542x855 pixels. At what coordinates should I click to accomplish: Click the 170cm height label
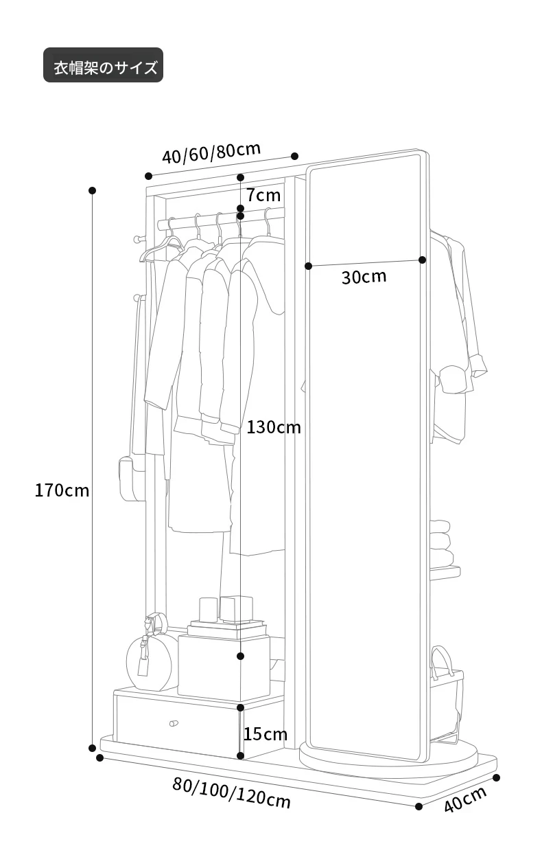[x=62, y=490]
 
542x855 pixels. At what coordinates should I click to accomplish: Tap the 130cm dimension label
[x=274, y=427]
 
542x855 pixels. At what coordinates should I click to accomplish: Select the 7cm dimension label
[x=263, y=195]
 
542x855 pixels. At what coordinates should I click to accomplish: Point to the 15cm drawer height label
[x=266, y=734]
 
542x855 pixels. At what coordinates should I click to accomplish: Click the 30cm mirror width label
[x=364, y=277]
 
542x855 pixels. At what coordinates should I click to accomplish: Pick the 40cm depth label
[x=465, y=799]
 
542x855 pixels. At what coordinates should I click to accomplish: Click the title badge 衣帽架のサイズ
[x=104, y=65]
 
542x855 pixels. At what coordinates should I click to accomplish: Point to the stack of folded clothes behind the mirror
[x=442, y=543]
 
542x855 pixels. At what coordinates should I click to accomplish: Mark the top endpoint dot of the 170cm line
[x=92, y=190]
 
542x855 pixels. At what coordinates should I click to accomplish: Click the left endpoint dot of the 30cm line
[x=309, y=266]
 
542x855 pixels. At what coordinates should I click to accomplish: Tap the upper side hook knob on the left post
[x=135, y=239]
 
